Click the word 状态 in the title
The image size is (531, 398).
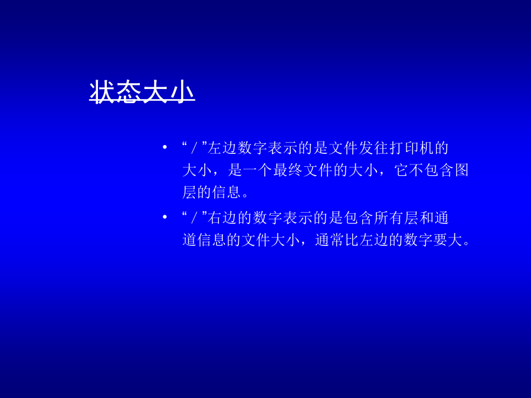pos(115,91)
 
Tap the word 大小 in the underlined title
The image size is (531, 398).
pos(168,91)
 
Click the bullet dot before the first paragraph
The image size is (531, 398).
pos(165,147)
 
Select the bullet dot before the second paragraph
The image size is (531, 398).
pos(165,217)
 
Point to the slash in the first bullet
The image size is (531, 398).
pos(194,148)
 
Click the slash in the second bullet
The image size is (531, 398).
pos(194,218)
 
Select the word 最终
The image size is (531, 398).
pos(287,170)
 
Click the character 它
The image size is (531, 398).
pos(401,170)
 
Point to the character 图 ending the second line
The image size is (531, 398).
pos(461,170)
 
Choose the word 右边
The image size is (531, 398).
pos(222,218)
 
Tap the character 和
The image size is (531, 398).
pos(427,218)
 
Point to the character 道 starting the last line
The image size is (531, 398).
pos(189,239)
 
